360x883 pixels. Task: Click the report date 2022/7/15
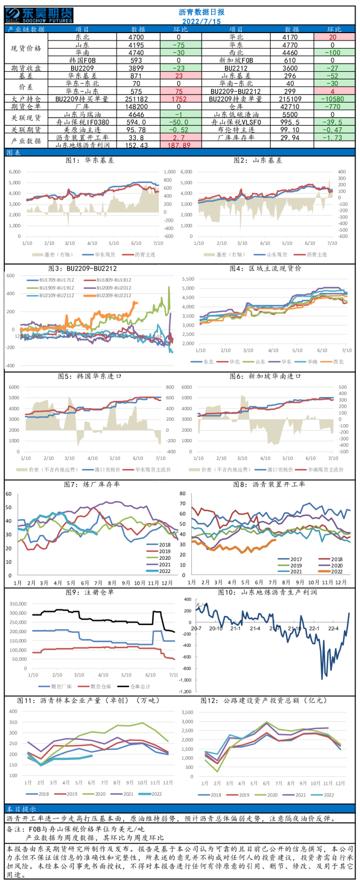(201, 21)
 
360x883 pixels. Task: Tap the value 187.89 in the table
(179, 146)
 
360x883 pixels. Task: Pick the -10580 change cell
(333, 99)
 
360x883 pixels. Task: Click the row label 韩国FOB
(82, 61)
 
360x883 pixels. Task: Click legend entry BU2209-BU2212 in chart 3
(114, 296)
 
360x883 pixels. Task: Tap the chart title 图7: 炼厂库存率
(92, 484)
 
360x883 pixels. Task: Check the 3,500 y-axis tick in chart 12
(187, 711)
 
